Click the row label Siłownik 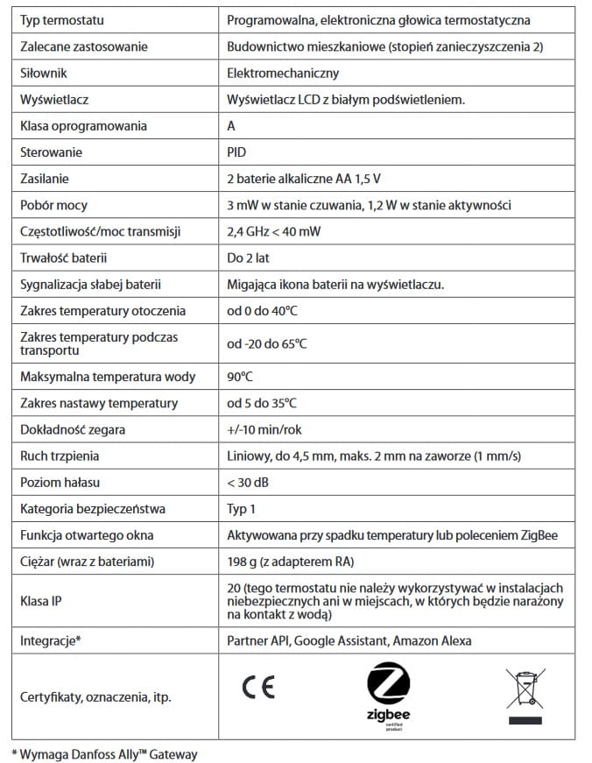44,73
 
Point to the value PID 236,152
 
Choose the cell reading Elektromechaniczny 282,73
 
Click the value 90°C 241,377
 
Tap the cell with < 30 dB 248,483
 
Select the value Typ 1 244,509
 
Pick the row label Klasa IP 42,602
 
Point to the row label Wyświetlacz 53,99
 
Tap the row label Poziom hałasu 60,483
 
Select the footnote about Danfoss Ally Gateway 104,753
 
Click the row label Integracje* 50,640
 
